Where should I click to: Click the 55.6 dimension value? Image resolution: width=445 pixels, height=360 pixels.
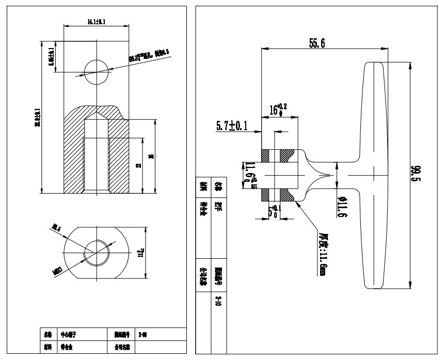click(317, 43)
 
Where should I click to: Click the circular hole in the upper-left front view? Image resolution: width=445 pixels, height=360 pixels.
click(97, 71)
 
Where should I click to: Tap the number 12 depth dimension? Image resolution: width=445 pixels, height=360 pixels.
click(137, 166)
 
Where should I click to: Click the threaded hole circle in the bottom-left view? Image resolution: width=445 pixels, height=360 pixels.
click(97, 253)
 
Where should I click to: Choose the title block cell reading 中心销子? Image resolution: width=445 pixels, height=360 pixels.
click(69, 335)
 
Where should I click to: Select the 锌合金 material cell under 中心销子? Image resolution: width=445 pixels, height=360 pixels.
click(67, 348)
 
